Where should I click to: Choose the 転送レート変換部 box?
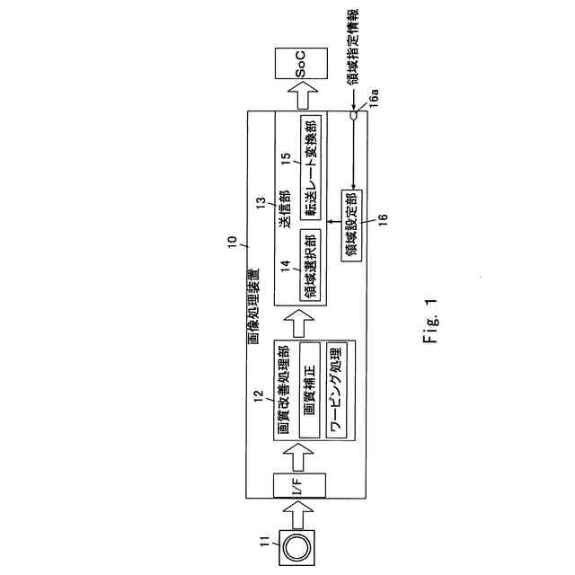point(310,165)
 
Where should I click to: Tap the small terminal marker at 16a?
point(356,115)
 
